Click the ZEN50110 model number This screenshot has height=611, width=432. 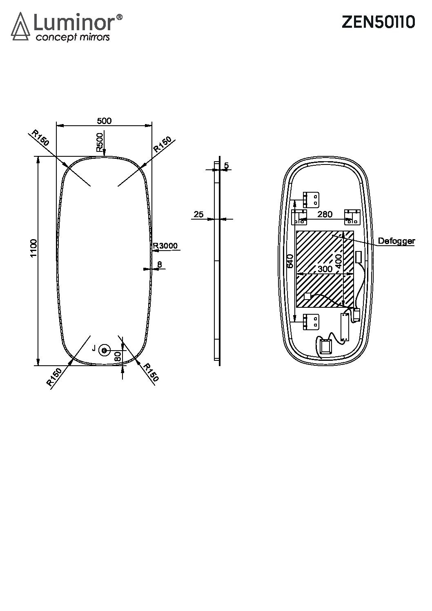click(x=378, y=22)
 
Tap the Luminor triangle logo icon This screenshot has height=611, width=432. click(x=20, y=27)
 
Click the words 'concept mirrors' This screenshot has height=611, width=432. click(x=73, y=37)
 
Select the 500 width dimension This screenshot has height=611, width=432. click(x=104, y=121)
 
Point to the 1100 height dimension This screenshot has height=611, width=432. click(x=33, y=248)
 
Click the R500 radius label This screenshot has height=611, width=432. click(x=100, y=142)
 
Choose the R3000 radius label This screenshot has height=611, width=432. click(x=165, y=245)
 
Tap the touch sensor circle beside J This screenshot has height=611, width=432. click(x=104, y=350)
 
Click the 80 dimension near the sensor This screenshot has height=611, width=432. click(x=118, y=356)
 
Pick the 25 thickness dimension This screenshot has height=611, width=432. click(x=198, y=214)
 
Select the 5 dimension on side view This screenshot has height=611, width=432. click(x=226, y=165)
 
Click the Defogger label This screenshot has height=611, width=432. click(x=396, y=241)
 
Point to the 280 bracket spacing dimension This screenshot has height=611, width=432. click(x=325, y=214)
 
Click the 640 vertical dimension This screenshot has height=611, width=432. click(x=290, y=261)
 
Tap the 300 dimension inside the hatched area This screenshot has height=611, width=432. click(x=325, y=269)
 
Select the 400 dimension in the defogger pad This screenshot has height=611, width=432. click(x=338, y=261)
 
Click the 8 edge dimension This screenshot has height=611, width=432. click(x=160, y=264)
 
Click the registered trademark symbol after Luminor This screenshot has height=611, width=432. click(x=119, y=17)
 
